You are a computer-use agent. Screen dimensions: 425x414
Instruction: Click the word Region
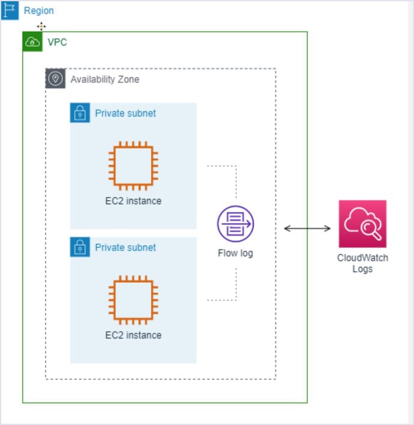coord(39,11)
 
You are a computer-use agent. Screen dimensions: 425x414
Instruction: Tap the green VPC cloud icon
coord(32,42)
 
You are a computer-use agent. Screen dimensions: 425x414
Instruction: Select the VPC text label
coord(57,43)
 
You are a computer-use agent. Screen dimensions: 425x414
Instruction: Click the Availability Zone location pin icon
coord(55,79)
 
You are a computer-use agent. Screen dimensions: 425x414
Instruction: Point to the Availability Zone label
coord(105,79)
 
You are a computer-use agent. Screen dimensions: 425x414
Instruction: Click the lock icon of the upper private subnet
coord(80,113)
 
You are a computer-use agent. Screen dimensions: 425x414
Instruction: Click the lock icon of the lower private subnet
coord(80,247)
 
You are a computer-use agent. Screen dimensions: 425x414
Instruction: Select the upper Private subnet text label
coord(125,113)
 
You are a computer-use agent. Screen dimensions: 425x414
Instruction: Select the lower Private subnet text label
coord(125,247)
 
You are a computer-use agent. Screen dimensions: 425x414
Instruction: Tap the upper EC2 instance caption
coord(133,201)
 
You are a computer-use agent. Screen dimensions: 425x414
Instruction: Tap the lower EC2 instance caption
coord(133,335)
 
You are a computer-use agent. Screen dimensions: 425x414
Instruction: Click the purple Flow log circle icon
coord(235,224)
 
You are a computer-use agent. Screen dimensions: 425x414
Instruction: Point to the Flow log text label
coord(235,253)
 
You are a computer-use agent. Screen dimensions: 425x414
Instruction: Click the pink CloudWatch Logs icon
coord(362,224)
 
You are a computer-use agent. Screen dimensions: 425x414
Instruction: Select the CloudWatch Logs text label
coord(362,264)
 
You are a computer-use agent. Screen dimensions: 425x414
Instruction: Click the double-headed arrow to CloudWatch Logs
coord(307,228)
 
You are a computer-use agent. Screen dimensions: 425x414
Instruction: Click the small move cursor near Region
coord(41,26)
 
